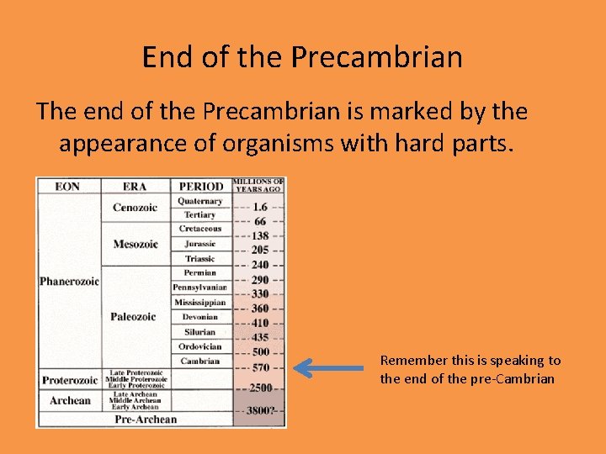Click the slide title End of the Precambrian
click(302, 57)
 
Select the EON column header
click(67, 186)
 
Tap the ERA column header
click(135, 186)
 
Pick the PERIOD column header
click(200, 186)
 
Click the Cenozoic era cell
click(135, 208)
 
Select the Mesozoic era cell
click(136, 245)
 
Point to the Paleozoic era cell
click(133, 317)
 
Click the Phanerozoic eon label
click(69, 281)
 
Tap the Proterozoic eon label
click(70, 381)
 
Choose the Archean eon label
click(70, 401)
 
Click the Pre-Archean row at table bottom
click(146, 420)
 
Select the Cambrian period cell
click(200, 362)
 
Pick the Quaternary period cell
click(200, 202)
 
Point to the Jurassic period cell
click(200, 244)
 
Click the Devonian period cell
click(200, 317)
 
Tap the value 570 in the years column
click(260, 367)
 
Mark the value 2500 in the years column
click(260, 388)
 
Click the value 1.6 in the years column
click(260, 206)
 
